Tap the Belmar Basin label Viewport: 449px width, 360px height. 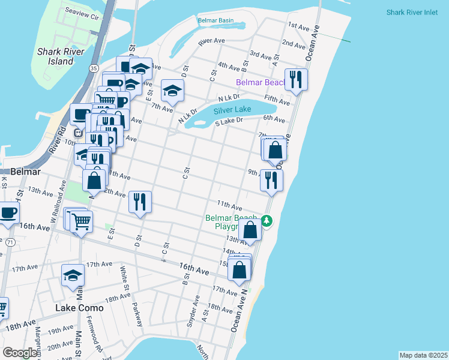tap(216, 20)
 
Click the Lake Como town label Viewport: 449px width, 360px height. tap(79, 308)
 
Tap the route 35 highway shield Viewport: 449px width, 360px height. tap(94, 69)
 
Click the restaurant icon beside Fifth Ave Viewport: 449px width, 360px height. tap(295, 79)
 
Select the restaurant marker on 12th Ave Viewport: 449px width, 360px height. tap(140, 202)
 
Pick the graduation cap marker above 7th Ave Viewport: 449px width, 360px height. tap(172, 90)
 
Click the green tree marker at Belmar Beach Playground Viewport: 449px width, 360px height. tap(267, 222)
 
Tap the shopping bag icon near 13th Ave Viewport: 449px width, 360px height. tap(250, 229)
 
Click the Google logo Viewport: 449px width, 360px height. tap(19, 353)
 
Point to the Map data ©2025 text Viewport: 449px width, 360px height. tap(423, 355)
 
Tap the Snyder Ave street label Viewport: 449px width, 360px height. tap(193, 314)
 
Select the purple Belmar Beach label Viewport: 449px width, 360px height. tap(259, 82)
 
